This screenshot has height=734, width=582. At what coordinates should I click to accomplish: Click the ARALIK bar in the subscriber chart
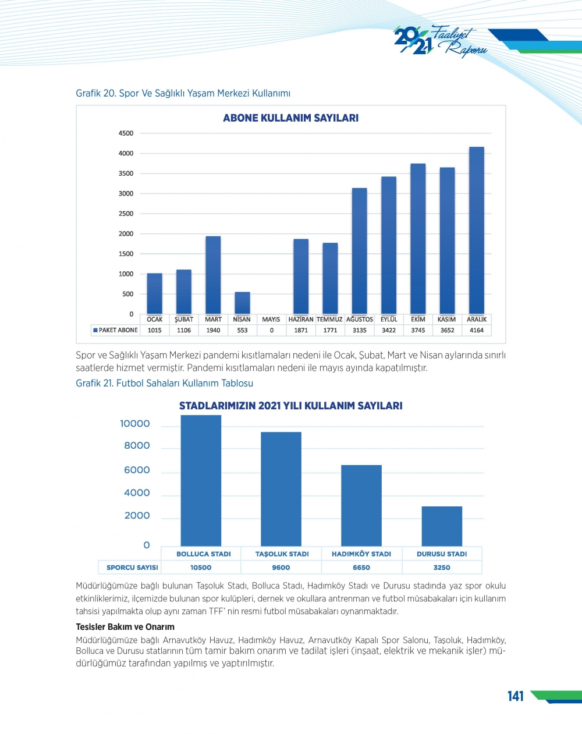coord(476,231)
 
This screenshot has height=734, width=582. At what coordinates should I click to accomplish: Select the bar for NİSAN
coord(242,303)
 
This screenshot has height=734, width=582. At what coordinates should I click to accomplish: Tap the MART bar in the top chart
coord(213,275)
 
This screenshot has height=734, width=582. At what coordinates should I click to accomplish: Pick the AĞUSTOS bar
coord(359,251)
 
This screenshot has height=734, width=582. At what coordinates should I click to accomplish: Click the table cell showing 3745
coord(418,330)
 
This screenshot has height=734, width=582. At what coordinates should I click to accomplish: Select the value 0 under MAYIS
coord(271,330)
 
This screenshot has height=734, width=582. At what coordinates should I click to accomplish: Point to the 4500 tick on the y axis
coord(126,133)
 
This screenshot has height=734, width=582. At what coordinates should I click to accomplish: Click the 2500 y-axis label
coord(126,214)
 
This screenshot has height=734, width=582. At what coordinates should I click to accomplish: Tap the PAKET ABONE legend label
coord(118,330)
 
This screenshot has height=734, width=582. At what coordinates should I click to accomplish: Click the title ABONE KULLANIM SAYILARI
coord(290,118)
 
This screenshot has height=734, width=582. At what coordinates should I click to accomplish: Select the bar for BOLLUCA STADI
coord(201,480)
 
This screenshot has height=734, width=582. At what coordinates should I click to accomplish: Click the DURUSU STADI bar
coord(442,526)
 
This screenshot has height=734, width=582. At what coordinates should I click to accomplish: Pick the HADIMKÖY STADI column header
coord(361,554)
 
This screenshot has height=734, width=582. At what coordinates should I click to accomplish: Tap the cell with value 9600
coord(281,568)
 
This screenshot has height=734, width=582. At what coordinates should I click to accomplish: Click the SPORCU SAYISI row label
coord(132,568)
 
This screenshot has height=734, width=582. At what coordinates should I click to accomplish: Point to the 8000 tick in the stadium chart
coord(137,446)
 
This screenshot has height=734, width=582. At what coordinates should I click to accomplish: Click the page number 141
coord(515,696)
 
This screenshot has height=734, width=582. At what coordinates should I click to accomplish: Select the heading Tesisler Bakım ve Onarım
coord(125,627)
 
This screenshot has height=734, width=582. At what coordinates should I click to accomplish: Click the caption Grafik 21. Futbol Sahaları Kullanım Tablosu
coord(165,383)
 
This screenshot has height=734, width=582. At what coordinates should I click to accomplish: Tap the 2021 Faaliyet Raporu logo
coord(439,41)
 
